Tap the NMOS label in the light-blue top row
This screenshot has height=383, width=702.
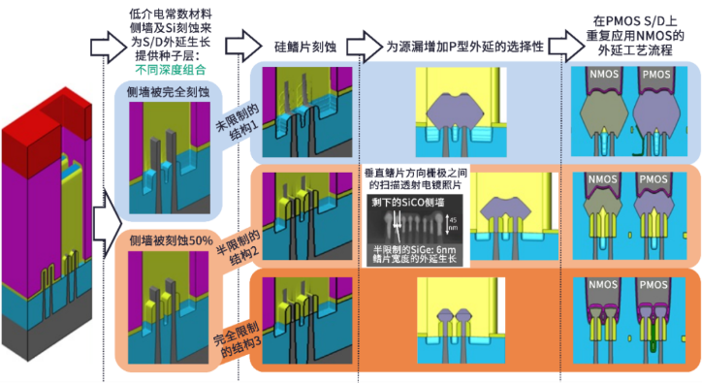coord(608,75)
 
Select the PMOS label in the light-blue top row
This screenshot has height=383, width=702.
coord(654,75)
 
